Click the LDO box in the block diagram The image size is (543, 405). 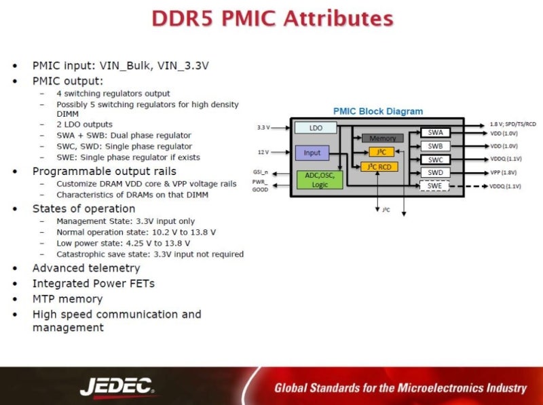(x=316, y=128)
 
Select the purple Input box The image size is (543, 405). (x=312, y=153)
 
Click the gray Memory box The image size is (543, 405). (x=382, y=138)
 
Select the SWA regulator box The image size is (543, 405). (x=434, y=133)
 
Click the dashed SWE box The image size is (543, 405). (x=434, y=186)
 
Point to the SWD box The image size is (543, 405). (x=434, y=172)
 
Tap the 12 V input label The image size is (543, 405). (x=263, y=152)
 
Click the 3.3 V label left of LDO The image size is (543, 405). (x=263, y=128)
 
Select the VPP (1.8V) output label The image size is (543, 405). (x=504, y=172)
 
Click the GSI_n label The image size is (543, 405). (x=261, y=172)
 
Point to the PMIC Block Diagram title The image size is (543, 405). (x=377, y=111)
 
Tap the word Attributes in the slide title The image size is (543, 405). (x=326, y=18)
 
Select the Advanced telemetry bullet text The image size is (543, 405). (x=86, y=268)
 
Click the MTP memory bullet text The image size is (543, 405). (x=67, y=298)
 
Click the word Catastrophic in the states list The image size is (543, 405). (x=81, y=254)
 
